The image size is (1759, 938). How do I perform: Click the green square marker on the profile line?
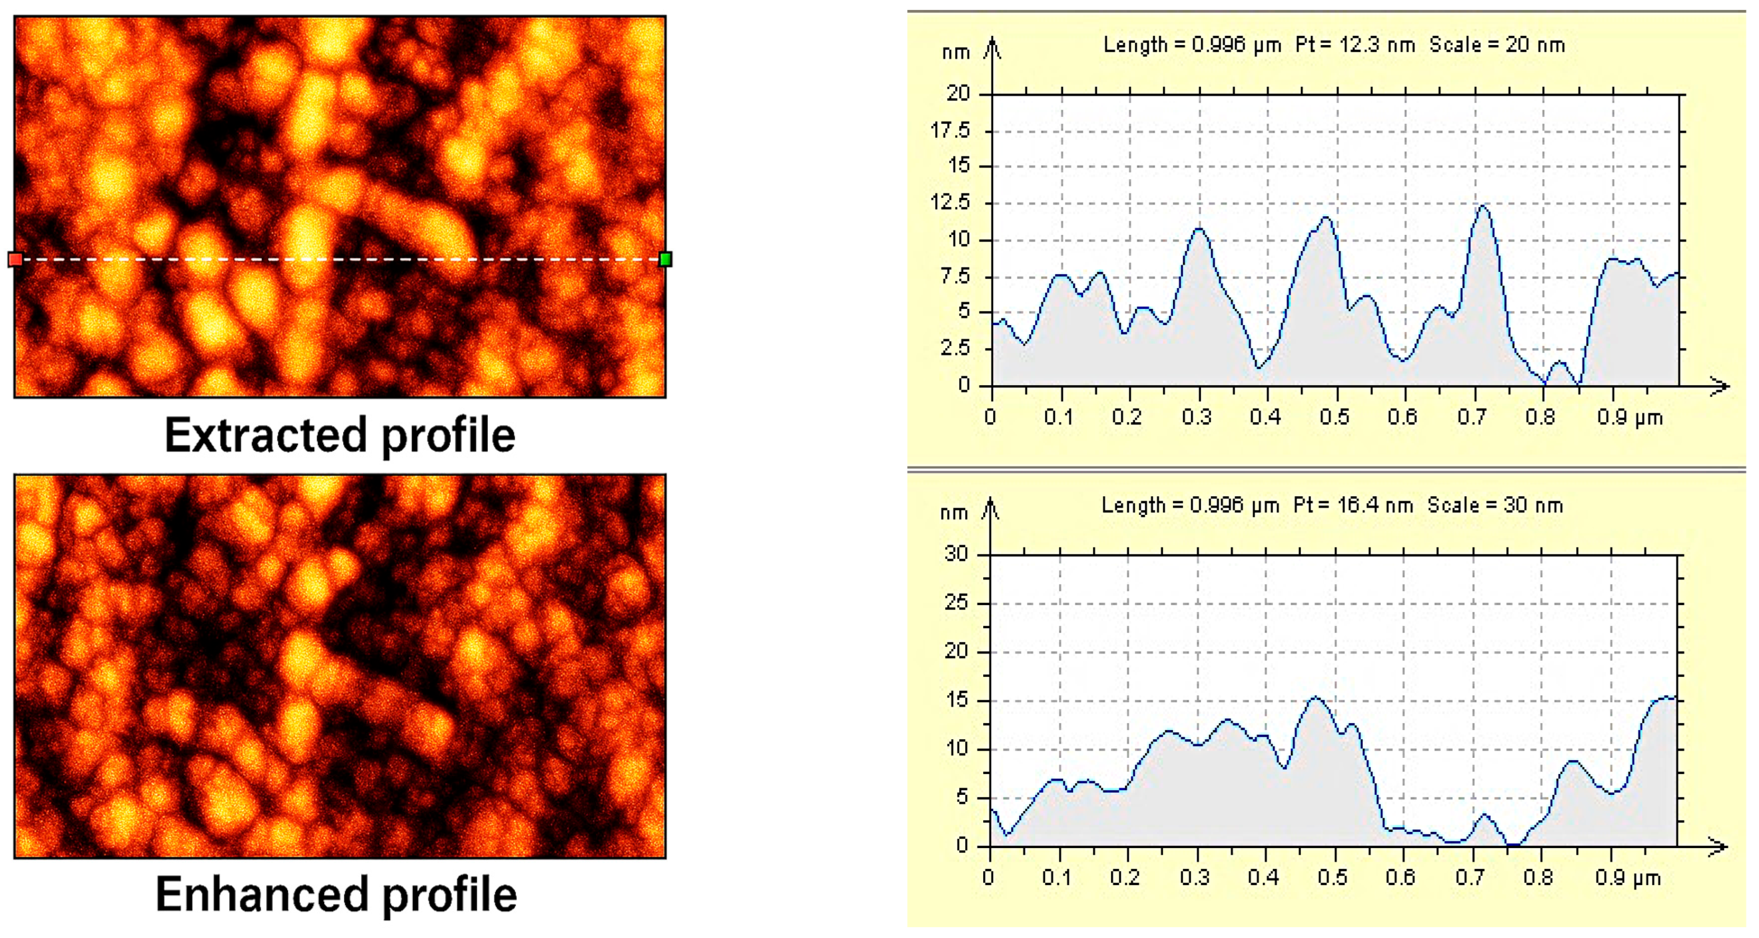pos(666,259)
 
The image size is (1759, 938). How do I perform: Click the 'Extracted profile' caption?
pos(340,435)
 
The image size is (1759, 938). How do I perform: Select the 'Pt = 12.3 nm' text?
pos(1355,45)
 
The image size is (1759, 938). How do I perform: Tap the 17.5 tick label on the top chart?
pos(950,130)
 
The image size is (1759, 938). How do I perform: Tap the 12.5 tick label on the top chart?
pos(950,203)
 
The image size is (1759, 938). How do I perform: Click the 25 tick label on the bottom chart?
pos(957,603)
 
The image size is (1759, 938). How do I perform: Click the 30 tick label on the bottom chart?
pos(957,554)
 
